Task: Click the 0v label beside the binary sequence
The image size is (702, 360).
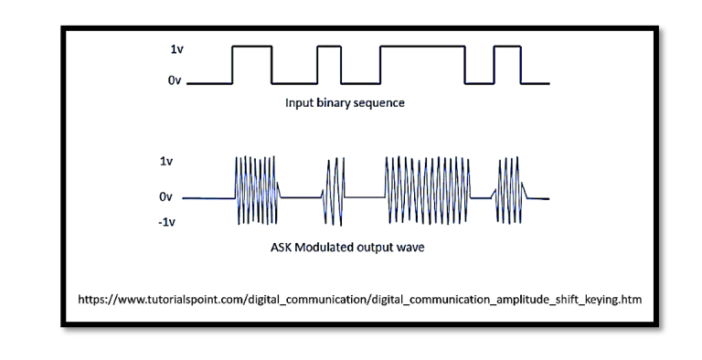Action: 174,83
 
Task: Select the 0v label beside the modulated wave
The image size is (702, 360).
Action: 165,196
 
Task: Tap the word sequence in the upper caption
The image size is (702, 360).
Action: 385,103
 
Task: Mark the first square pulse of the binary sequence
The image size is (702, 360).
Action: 251,64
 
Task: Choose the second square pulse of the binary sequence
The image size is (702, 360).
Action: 328,64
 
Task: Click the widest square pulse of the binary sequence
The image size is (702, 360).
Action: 422,64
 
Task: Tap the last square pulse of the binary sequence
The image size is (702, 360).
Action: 506,64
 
